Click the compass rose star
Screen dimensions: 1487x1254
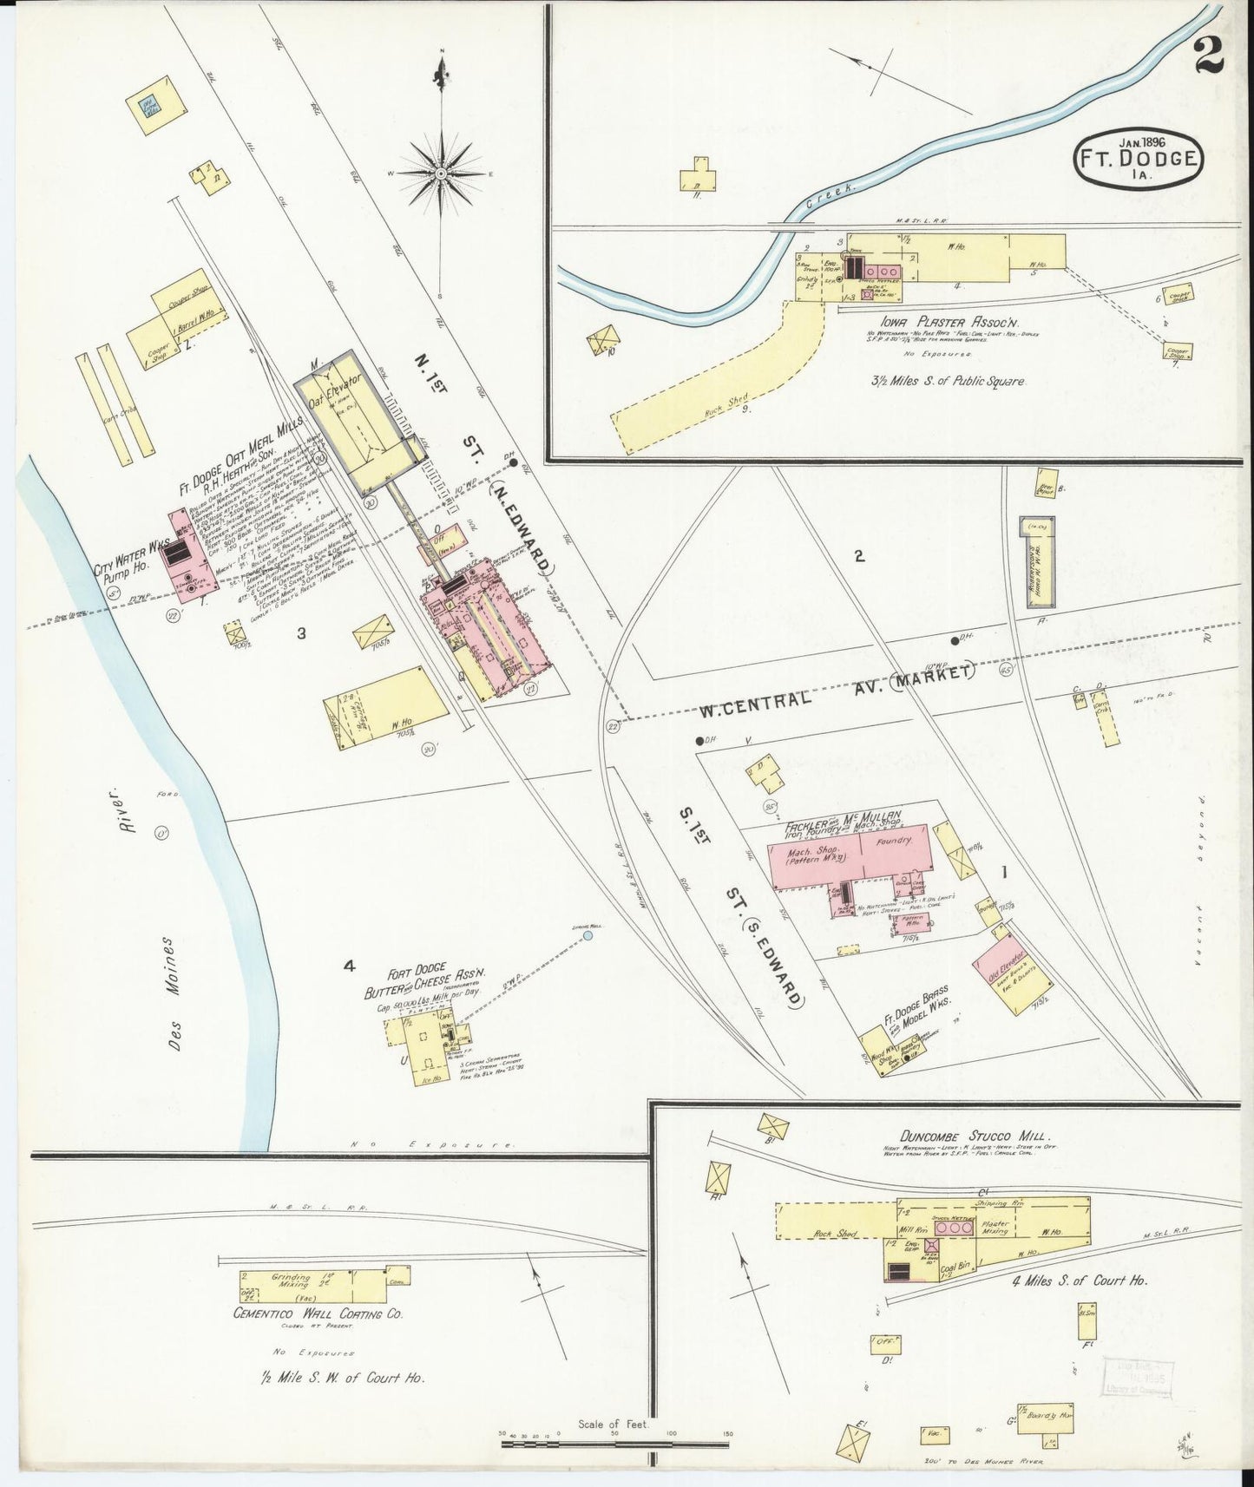(x=442, y=174)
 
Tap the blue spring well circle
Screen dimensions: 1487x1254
(x=588, y=936)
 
